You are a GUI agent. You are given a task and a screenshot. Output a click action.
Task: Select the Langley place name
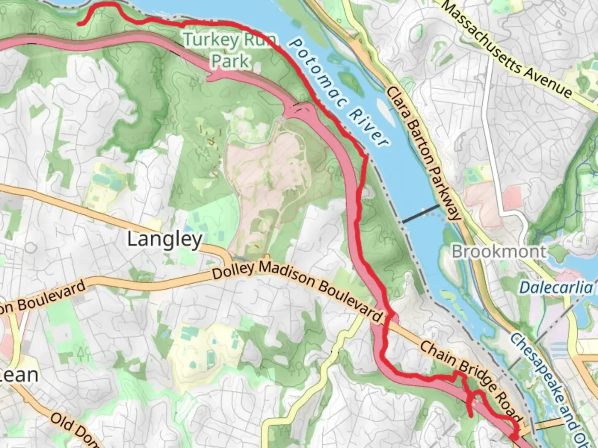click(x=164, y=239)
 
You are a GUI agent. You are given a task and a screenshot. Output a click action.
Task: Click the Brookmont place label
click(x=499, y=251)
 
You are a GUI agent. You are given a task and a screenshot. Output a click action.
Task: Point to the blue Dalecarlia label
click(x=556, y=287)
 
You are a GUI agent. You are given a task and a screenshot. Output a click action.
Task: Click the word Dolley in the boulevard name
click(x=233, y=270)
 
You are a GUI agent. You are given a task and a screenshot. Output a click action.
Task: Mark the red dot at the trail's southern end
click(x=514, y=436)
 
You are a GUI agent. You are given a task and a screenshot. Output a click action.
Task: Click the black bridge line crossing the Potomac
click(x=420, y=214)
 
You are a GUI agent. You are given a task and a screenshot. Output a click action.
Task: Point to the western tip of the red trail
click(x=79, y=24)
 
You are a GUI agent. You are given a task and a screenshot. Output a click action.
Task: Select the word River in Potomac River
click(x=368, y=127)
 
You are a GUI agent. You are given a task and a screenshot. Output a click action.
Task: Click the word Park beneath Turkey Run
click(x=230, y=61)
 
